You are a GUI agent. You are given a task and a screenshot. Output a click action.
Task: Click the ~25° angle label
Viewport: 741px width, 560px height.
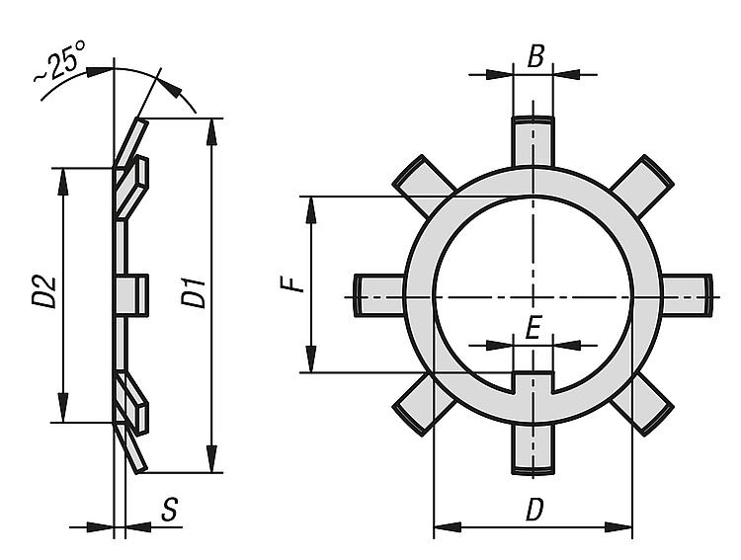59,61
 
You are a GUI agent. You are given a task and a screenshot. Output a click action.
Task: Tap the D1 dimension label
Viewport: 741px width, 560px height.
194,293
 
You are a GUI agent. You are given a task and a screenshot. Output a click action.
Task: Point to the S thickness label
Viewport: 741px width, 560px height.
169,510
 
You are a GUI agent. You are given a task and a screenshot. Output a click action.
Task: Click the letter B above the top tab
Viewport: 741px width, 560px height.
535,56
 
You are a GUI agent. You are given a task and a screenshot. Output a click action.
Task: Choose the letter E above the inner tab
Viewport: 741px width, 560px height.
534,329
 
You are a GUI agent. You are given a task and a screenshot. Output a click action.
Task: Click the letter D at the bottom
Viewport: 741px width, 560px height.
535,510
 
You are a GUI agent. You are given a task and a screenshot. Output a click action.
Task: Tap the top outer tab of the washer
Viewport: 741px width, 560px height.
533,141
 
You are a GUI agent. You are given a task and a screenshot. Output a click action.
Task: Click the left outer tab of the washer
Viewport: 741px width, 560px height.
379,295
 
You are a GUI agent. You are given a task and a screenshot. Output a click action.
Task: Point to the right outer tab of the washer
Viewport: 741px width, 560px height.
686,295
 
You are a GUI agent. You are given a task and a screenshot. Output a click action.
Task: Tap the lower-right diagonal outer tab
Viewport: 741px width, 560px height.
642,404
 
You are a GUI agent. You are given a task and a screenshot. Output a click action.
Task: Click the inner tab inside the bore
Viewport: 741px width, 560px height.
533,382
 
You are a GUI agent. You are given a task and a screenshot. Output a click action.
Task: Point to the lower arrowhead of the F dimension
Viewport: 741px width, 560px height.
311,360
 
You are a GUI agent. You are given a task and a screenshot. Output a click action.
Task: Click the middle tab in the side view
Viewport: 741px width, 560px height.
131,295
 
